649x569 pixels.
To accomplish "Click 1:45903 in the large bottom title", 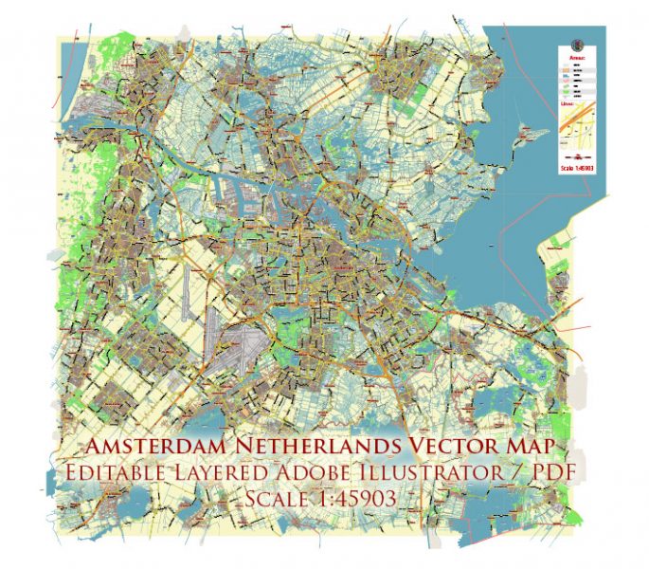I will tap(356, 497).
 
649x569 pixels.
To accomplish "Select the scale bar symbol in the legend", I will tap(577, 157).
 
